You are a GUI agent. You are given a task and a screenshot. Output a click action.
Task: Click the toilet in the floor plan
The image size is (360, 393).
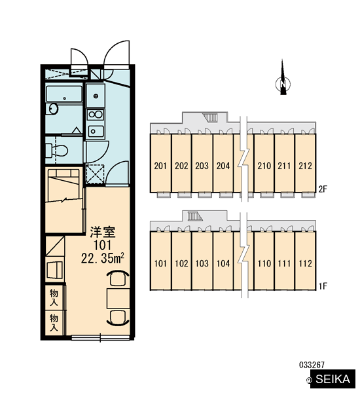(58, 151)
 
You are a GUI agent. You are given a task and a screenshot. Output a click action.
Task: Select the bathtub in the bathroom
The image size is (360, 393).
(64, 94)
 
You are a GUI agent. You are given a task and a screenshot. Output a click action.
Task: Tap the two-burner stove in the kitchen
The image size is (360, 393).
(96, 115)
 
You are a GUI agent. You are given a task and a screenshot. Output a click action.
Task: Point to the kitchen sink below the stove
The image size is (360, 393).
(96, 132)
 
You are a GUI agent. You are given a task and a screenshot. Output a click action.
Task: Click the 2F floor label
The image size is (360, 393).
(323, 189)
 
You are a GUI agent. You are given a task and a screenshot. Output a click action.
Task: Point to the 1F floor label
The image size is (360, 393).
(323, 286)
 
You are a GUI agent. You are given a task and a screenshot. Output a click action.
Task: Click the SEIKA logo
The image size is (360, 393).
(333, 379)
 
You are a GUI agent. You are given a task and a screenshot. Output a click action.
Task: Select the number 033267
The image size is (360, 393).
(312, 365)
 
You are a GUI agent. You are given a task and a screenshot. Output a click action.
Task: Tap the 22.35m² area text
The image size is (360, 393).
(103, 258)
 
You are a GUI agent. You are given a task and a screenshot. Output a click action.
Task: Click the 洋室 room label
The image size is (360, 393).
(103, 232)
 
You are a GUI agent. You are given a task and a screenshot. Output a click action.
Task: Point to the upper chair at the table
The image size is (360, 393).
(118, 278)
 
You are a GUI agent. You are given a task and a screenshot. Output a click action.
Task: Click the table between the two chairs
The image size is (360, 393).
(118, 298)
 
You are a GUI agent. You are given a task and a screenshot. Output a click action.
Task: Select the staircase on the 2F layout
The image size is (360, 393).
(211, 117)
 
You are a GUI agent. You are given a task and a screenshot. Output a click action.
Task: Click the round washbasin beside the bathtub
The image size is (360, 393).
(53, 109)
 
